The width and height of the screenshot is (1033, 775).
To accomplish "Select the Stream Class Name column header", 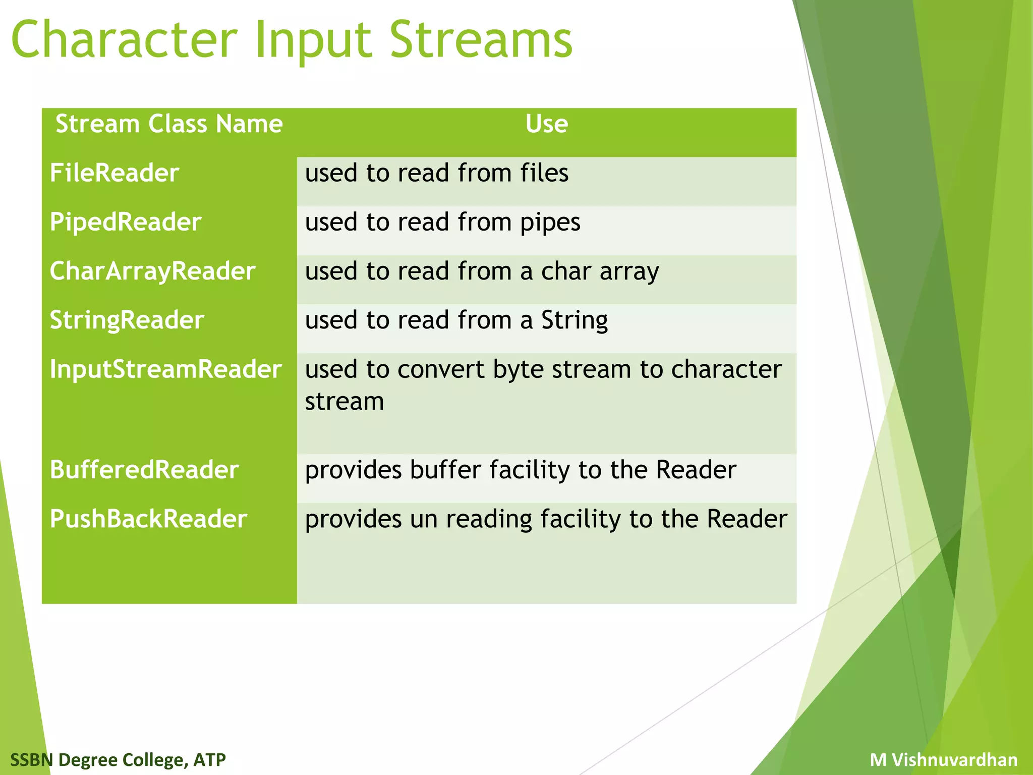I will pyautogui.click(x=169, y=124).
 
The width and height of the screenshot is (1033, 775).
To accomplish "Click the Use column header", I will pyautogui.click(x=546, y=124).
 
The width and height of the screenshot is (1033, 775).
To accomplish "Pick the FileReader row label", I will pyautogui.click(x=114, y=174).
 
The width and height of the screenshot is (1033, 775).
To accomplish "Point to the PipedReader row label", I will pyautogui.click(x=126, y=223).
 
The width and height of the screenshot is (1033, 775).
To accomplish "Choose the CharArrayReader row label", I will pyautogui.click(x=152, y=271).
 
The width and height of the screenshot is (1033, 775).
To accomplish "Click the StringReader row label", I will pyautogui.click(x=127, y=320).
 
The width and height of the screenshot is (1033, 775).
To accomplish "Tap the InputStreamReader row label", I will pyautogui.click(x=165, y=369).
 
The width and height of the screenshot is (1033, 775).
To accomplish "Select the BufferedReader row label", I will pyautogui.click(x=144, y=470).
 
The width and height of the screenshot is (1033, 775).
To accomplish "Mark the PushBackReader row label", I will pyautogui.click(x=148, y=519).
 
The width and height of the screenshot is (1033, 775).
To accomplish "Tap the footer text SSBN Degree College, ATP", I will pyautogui.click(x=118, y=759).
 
